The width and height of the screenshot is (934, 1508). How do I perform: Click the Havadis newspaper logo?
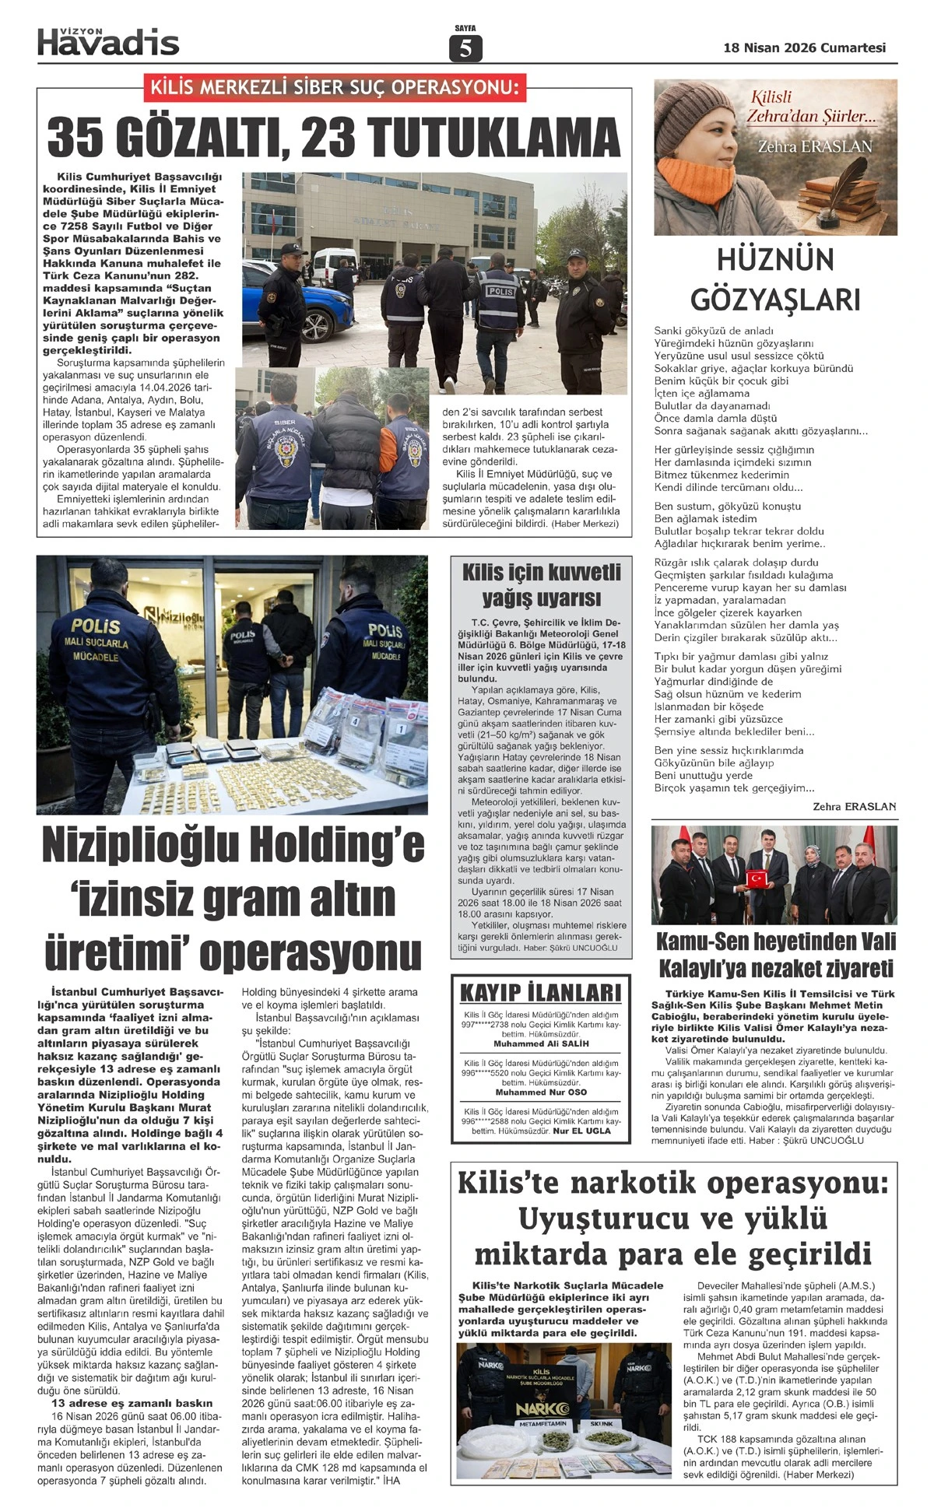pyautogui.click(x=108, y=40)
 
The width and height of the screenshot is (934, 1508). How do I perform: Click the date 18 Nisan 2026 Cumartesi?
pyautogui.click(x=804, y=47)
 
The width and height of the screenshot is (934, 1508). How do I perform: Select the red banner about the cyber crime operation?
pyautogui.click(x=334, y=87)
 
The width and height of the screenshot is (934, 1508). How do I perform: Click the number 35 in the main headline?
pyautogui.click(x=83, y=138)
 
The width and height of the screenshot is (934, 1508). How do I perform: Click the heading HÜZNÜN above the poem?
pyautogui.click(x=774, y=260)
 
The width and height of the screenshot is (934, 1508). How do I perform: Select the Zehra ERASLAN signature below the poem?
pyautogui.click(x=854, y=807)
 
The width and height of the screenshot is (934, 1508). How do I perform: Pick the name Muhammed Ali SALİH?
pyautogui.click(x=541, y=1043)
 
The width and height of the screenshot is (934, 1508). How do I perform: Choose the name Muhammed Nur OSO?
pyautogui.click(x=541, y=1092)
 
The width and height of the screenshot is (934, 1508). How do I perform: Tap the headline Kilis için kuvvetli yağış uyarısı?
pyautogui.click(x=541, y=585)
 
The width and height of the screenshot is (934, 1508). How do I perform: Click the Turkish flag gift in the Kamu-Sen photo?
pyautogui.click(x=759, y=878)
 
